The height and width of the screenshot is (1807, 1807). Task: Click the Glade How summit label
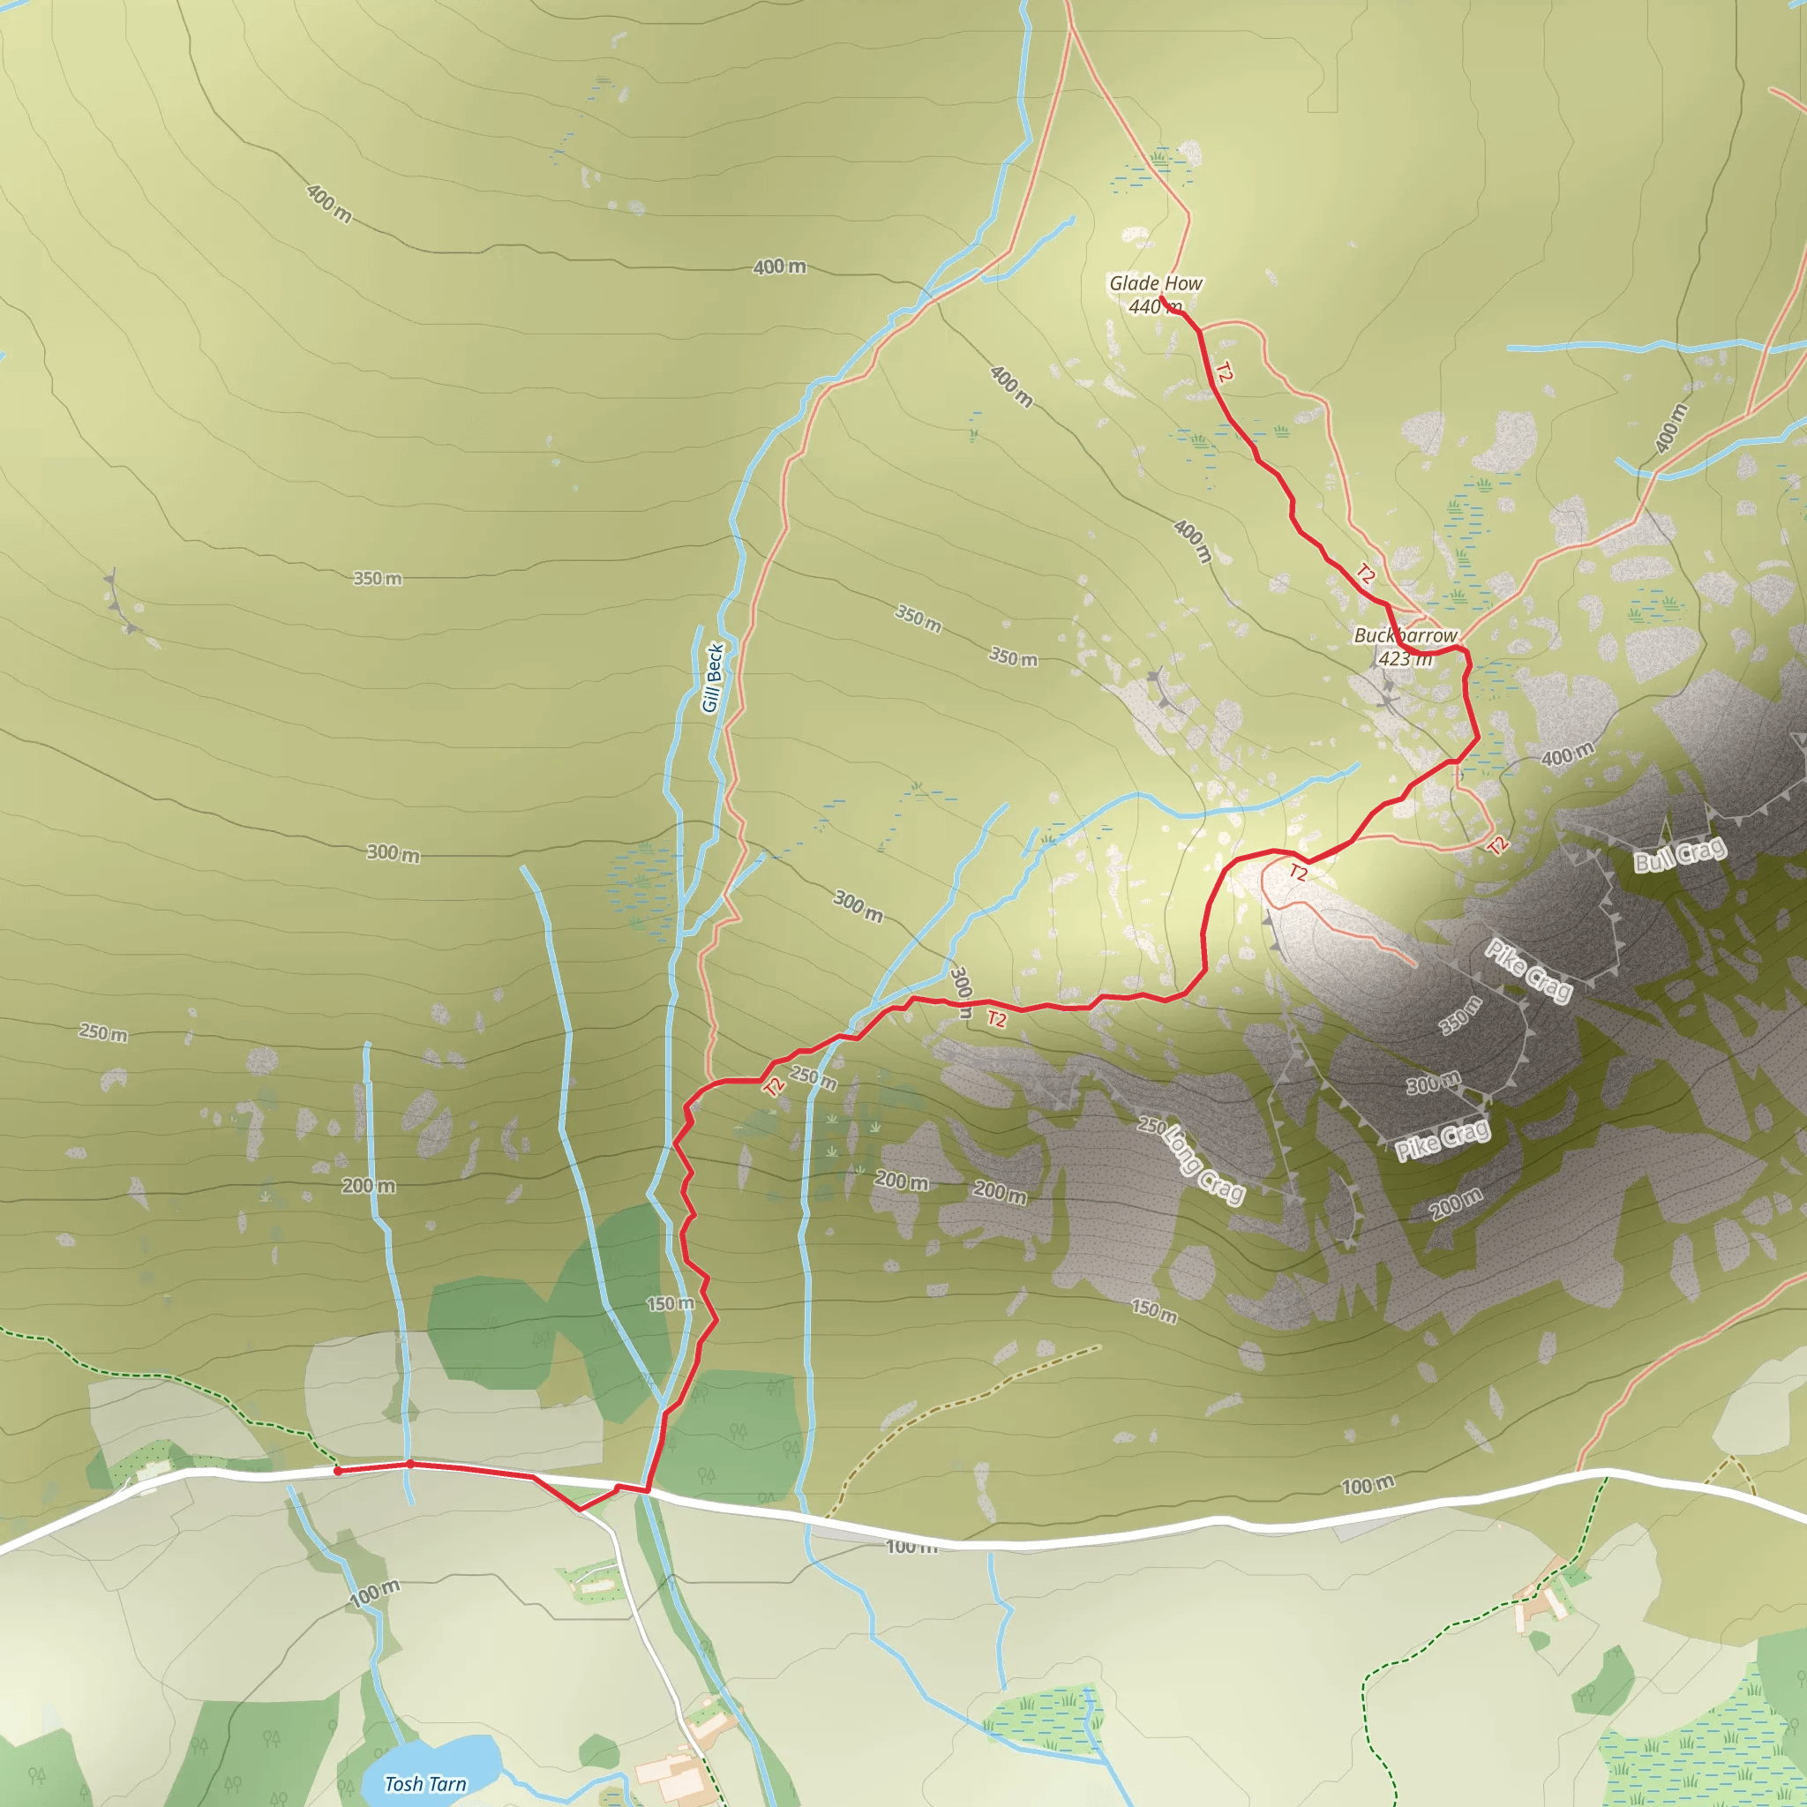tap(1155, 282)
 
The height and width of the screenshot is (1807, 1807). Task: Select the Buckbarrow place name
tap(1405, 635)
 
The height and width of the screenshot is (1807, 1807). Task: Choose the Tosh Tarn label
tap(425, 1783)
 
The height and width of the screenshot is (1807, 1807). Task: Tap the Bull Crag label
tap(1679, 855)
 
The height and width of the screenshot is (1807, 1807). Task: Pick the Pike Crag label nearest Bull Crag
tap(1528, 970)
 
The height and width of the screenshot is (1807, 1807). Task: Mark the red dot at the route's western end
tap(338, 1471)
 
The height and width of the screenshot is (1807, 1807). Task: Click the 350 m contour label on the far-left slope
tap(377, 579)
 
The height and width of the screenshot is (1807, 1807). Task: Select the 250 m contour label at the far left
tap(103, 1032)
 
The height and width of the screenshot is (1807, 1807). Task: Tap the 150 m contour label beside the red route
tap(670, 1303)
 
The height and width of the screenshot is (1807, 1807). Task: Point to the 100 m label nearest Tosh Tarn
tap(375, 1593)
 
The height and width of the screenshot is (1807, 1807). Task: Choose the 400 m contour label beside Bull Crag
tap(1567, 754)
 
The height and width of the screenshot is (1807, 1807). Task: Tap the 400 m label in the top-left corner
tap(329, 203)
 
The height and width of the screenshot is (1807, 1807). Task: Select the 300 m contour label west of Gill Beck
tap(393, 852)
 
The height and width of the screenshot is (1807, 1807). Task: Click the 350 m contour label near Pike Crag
tap(1460, 1016)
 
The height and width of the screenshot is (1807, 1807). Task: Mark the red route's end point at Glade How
tap(1162, 298)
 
